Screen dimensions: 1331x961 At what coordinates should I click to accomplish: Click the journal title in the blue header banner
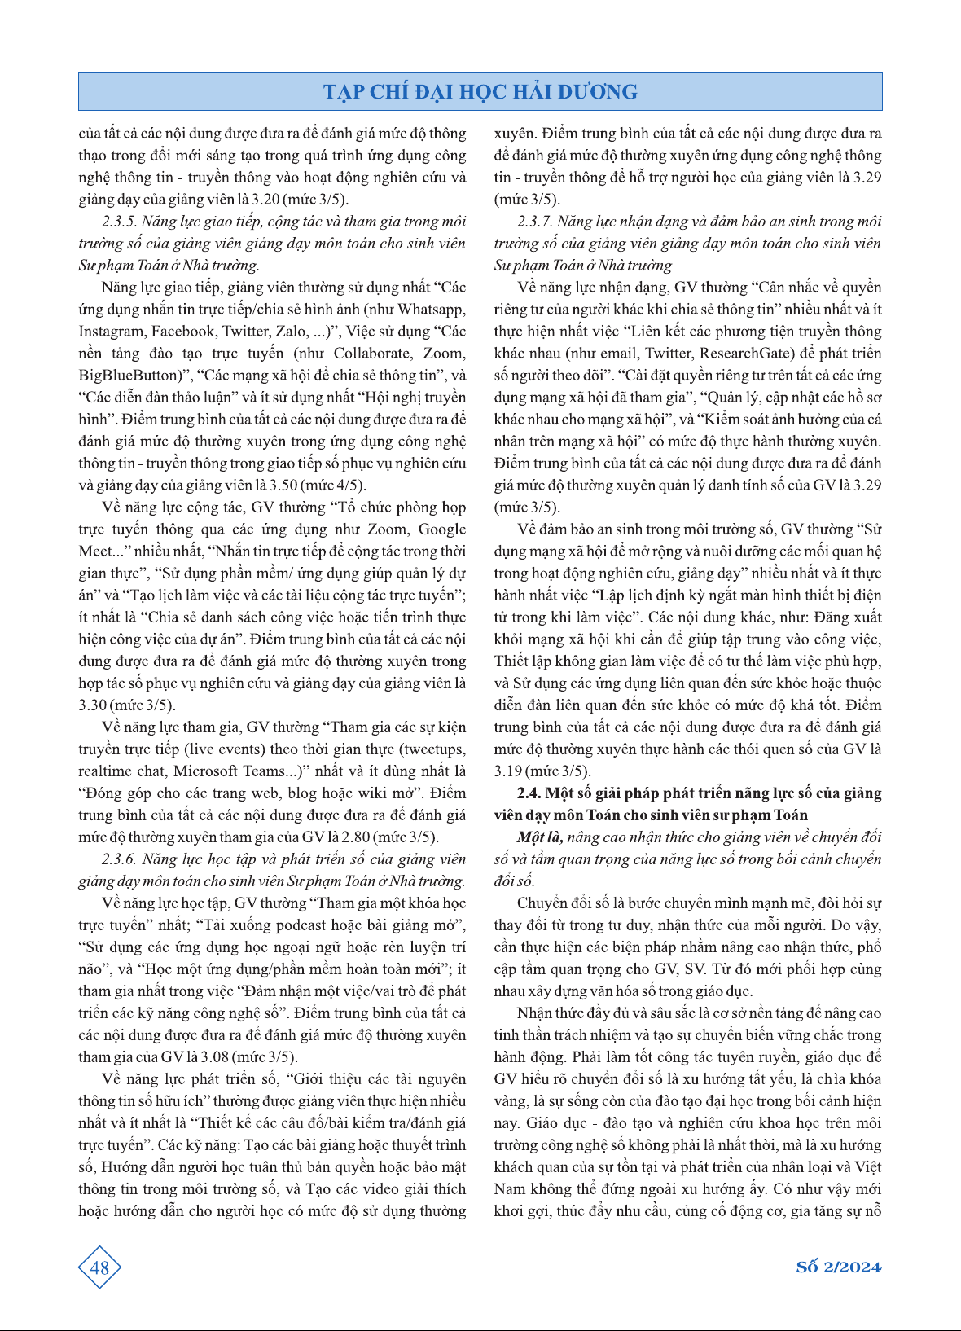pyautogui.click(x=480, y=91)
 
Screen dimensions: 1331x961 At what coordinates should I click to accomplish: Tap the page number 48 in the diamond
pyautogui.click(x=99, y=1267)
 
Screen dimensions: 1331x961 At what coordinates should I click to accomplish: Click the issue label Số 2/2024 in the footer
pyautogui.click(x=838, y=1267)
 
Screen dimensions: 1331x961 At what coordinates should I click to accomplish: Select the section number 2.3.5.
pyautogui.click(x=118, y=222)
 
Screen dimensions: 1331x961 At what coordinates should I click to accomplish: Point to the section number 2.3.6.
pyautogui.click(x=118, y=859)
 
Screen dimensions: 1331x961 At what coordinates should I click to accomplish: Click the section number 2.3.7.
pyautogui.click(x=533, y=222)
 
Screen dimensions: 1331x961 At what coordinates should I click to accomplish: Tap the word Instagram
pyautogui.click(x=111, y=332)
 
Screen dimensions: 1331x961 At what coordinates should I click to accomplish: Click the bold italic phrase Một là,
pyautogui.click(x=540, y=837)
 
